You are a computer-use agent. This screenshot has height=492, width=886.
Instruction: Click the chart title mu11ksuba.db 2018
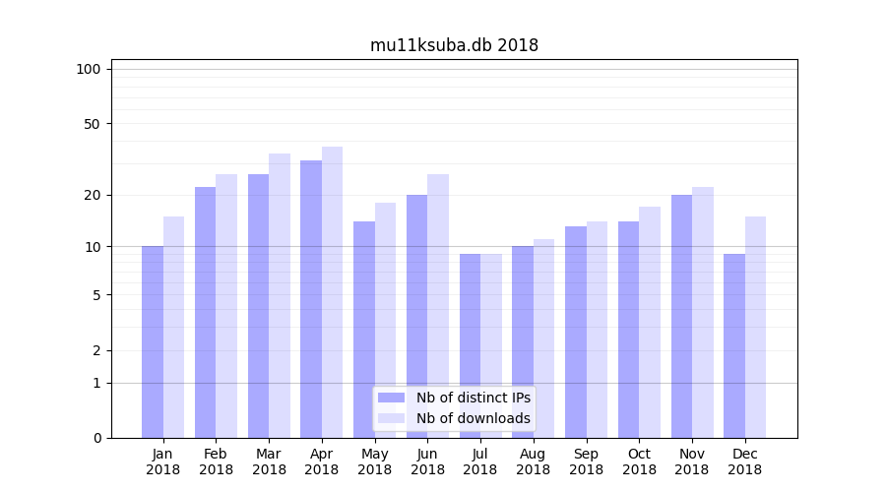(454, 45)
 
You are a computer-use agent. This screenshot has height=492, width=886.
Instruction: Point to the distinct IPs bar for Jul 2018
(470, 345)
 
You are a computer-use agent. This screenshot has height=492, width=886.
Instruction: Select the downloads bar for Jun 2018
(438, 306)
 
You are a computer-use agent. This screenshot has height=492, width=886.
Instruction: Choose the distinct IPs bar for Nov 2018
(681, 316)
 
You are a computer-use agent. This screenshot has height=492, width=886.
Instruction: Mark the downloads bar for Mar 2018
(280, 295)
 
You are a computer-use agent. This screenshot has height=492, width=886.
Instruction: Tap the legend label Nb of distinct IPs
(473, 398)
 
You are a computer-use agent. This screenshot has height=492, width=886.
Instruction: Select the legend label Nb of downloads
(473, 418)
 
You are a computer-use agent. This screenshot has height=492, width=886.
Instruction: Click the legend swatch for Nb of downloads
(392, 418)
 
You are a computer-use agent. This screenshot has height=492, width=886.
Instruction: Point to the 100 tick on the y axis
(89, 69)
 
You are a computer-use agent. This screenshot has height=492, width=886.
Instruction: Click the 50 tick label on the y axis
(93, 124)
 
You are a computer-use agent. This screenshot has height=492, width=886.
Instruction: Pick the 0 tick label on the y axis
(96, 438)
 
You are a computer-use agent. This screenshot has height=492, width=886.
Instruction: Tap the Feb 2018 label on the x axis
(217, 461)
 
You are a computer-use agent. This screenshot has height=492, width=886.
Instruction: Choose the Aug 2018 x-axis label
(534, 461)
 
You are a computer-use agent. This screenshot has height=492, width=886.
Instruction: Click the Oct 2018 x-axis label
(639, 461)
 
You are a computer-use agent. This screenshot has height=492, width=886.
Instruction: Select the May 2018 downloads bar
(385, 320)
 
